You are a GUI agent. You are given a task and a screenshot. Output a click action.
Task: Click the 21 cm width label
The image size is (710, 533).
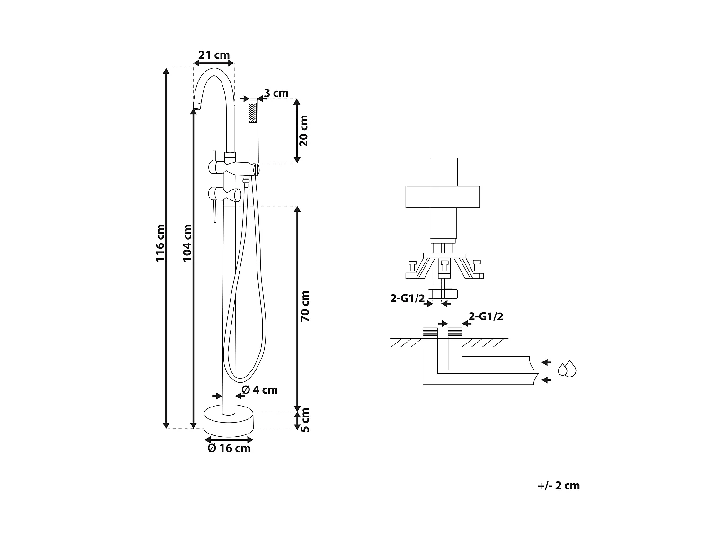213,55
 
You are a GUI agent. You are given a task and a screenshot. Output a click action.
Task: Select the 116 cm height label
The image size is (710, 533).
160,244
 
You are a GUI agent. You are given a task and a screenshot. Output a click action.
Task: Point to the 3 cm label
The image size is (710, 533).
276,93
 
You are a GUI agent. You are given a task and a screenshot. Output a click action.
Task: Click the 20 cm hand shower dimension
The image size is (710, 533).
303,131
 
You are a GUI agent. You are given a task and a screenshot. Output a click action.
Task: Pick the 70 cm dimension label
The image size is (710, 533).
304,307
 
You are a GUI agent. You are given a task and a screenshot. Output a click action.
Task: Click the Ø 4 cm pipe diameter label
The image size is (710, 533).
259,390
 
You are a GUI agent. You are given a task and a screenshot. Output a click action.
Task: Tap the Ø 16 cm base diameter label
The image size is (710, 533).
229,448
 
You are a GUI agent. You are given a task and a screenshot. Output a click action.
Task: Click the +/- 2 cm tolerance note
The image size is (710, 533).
559,486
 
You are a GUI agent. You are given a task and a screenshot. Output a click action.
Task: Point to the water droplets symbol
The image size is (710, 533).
567,369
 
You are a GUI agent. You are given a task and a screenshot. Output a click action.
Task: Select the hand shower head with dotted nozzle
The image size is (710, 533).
253,114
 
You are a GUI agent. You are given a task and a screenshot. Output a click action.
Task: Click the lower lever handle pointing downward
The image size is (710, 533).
214,208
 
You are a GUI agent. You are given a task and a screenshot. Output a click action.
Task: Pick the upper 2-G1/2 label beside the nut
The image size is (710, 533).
407,298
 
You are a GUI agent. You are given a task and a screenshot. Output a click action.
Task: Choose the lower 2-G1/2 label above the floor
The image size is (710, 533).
486,316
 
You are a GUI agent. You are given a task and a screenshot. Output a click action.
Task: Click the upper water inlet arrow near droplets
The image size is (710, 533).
547,362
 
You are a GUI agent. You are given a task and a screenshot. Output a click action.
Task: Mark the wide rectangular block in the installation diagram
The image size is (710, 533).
443,197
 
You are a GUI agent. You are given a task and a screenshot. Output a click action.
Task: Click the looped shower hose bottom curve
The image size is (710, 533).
242,379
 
